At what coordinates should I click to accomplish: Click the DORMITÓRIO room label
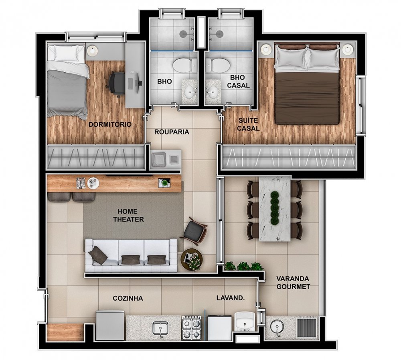pos(110,124)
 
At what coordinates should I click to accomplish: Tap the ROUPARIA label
pos(172,132)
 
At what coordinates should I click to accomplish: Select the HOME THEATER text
pos(128,216)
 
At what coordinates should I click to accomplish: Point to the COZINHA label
pos(128,298)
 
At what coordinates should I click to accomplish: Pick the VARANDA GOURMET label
pos(293,283)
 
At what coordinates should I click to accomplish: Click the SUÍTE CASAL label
pos(248,124)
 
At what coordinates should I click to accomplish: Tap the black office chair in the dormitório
pos(115,84)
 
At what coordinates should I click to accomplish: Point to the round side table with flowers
pos(192,259)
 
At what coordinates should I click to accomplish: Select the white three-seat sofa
pos(131,255)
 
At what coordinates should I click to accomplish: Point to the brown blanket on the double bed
pos(307,97)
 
